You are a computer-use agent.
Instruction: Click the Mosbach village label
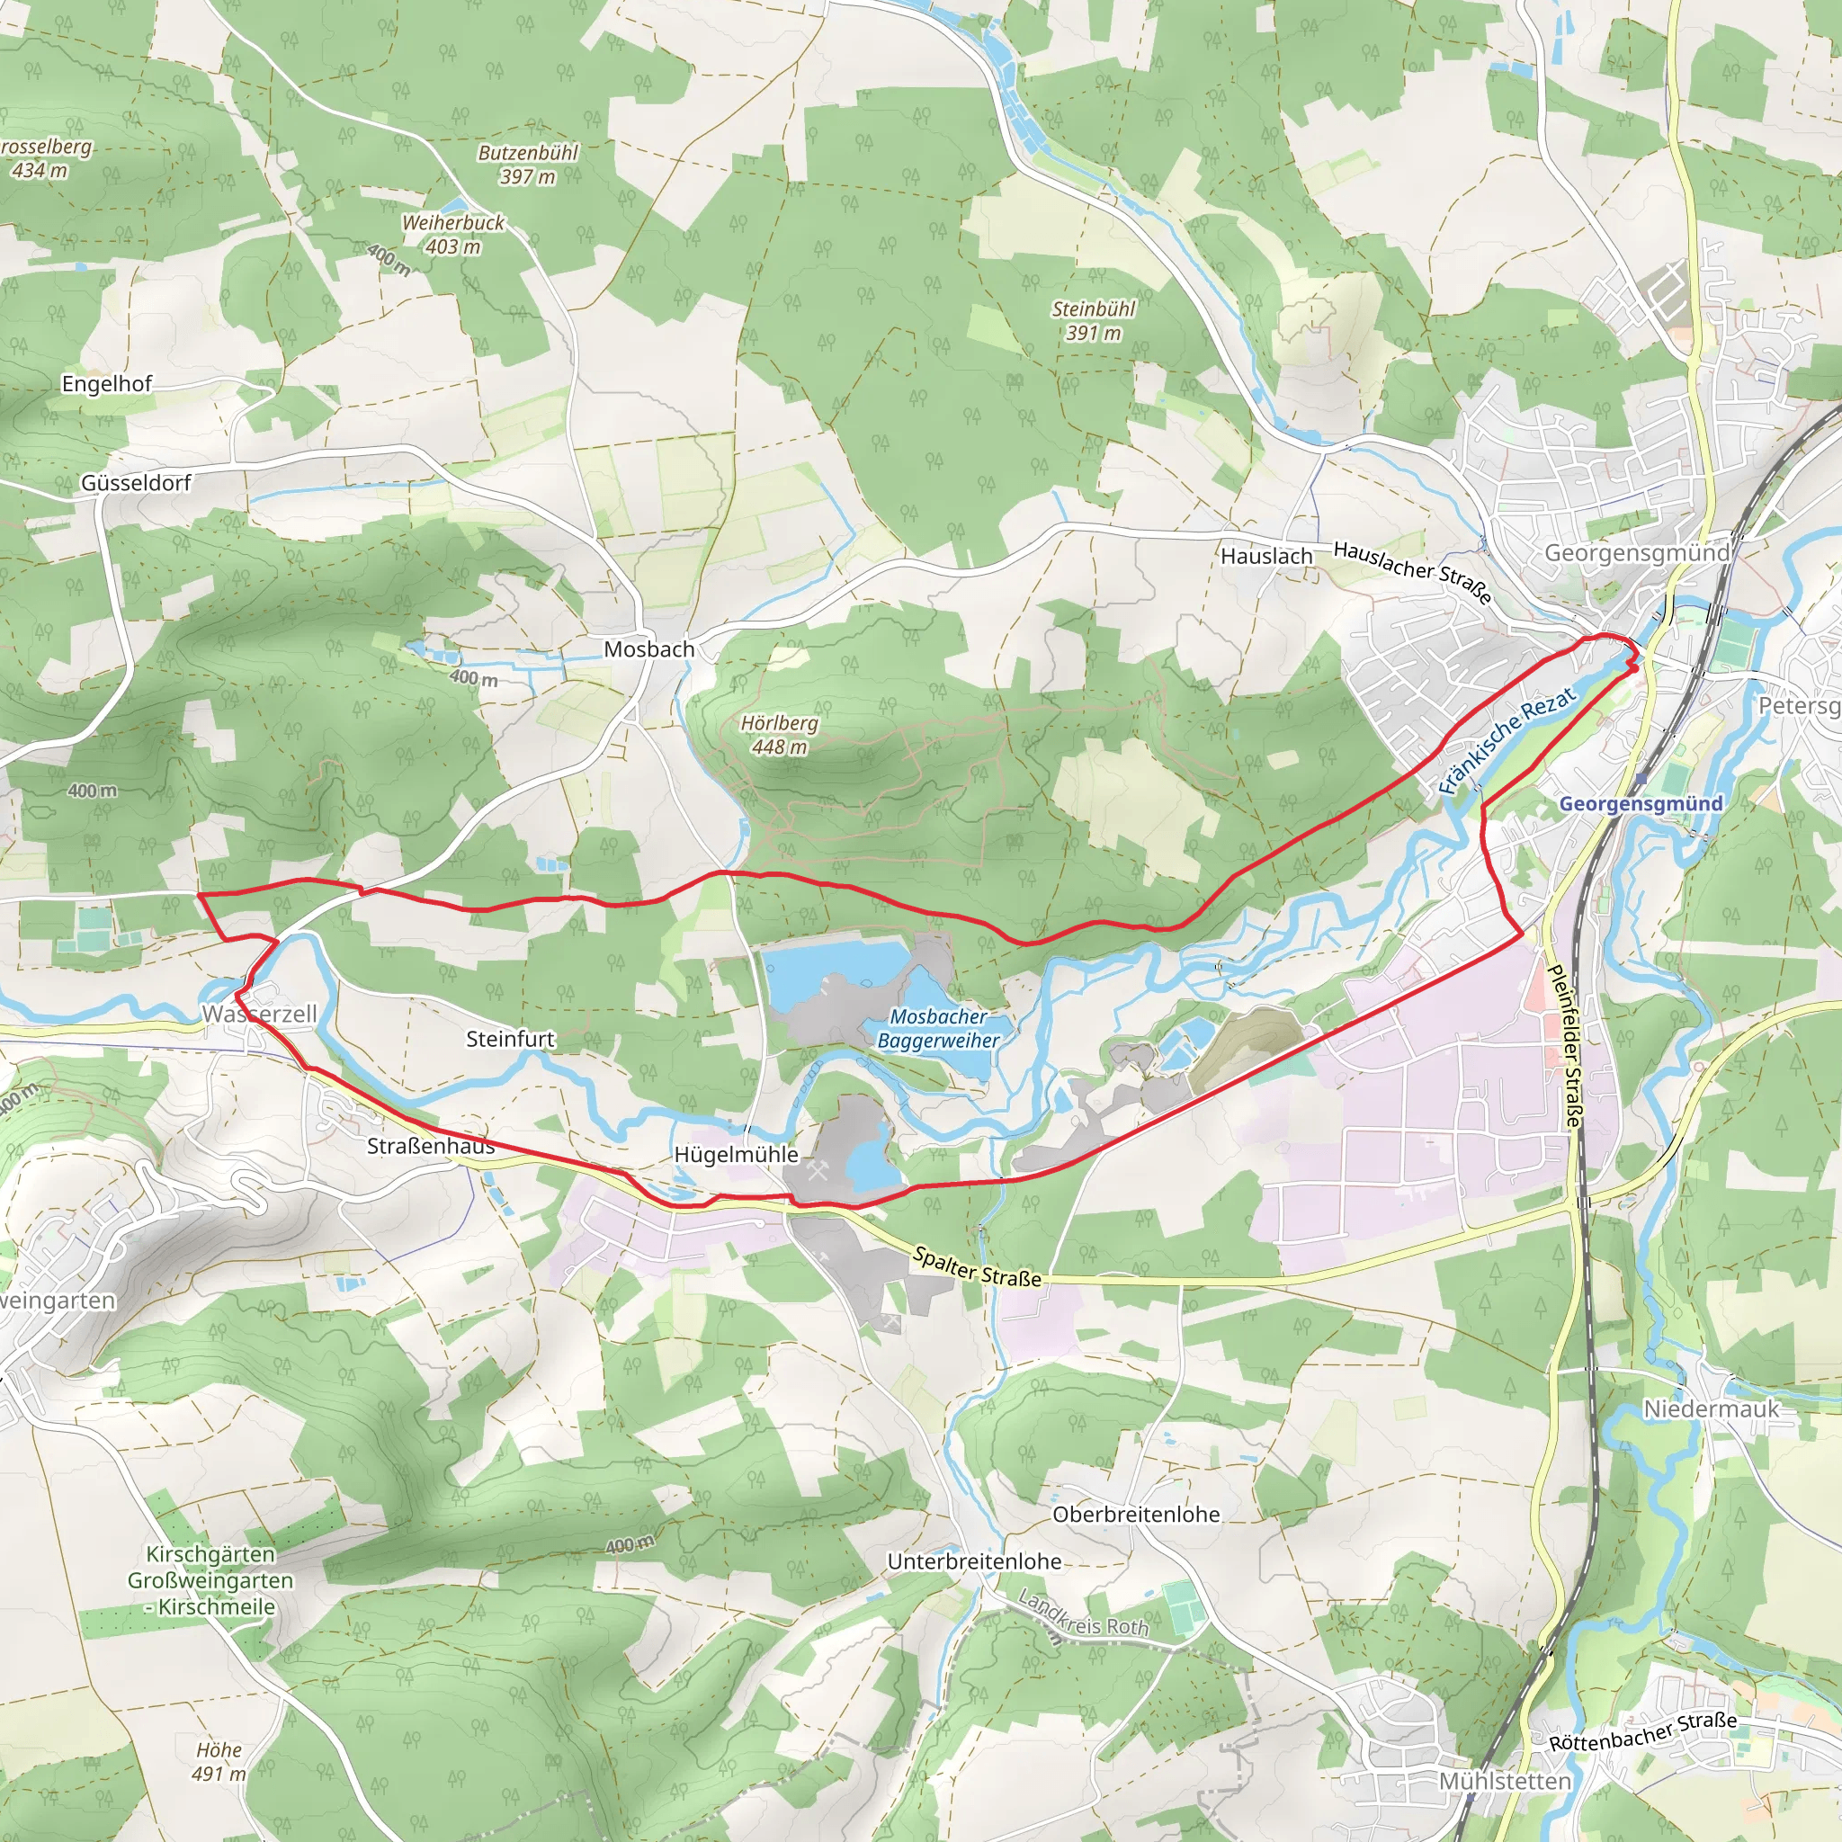[648, 649]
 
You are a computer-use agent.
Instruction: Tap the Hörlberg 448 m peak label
[779, 735]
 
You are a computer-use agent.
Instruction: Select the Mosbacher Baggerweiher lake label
[938, 1029]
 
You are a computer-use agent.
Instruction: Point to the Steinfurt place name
[510, 1039]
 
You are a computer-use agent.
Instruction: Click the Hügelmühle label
[736, 1155]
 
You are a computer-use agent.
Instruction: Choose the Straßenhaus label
[431, 1146]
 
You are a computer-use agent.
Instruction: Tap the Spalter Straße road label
[976, 1267]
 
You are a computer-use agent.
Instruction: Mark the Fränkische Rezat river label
[1507, 741]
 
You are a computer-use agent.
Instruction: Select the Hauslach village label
[1266, 556]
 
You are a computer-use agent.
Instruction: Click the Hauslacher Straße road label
[1412, 571]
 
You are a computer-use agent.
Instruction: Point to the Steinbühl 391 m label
[1093, 321]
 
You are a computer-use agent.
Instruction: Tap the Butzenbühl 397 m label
[527, 164]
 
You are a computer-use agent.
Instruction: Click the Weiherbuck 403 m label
[453, 235]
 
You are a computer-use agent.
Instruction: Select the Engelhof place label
[107, 384]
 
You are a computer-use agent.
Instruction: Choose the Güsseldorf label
[136, 483]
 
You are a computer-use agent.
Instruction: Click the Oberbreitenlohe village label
[1136, 1515]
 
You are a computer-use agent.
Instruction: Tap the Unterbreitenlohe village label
[973, 1561]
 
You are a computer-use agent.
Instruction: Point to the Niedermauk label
[1711, 1409]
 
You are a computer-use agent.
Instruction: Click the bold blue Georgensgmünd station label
[1640, 804]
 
